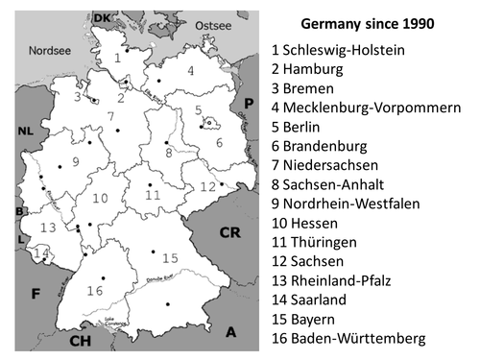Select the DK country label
pyautogui.click(x=102, y=18)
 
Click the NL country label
pyautogui.click(x=24, y=132)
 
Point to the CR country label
pyautogui.click(x=230, y=233)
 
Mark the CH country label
pyautogui.click(x=81, y=339)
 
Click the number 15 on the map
pyautogui.click(x=170, y=257)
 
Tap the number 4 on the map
pyautogui.click(x=191, y=70)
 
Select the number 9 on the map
pyautogui.click(x=75, y=161)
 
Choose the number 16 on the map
pyautogui.click(x=94, y=290)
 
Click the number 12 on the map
pyautogui.click(x=207, y=186)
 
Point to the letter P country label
pyautogui.click(x=248, y=103)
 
